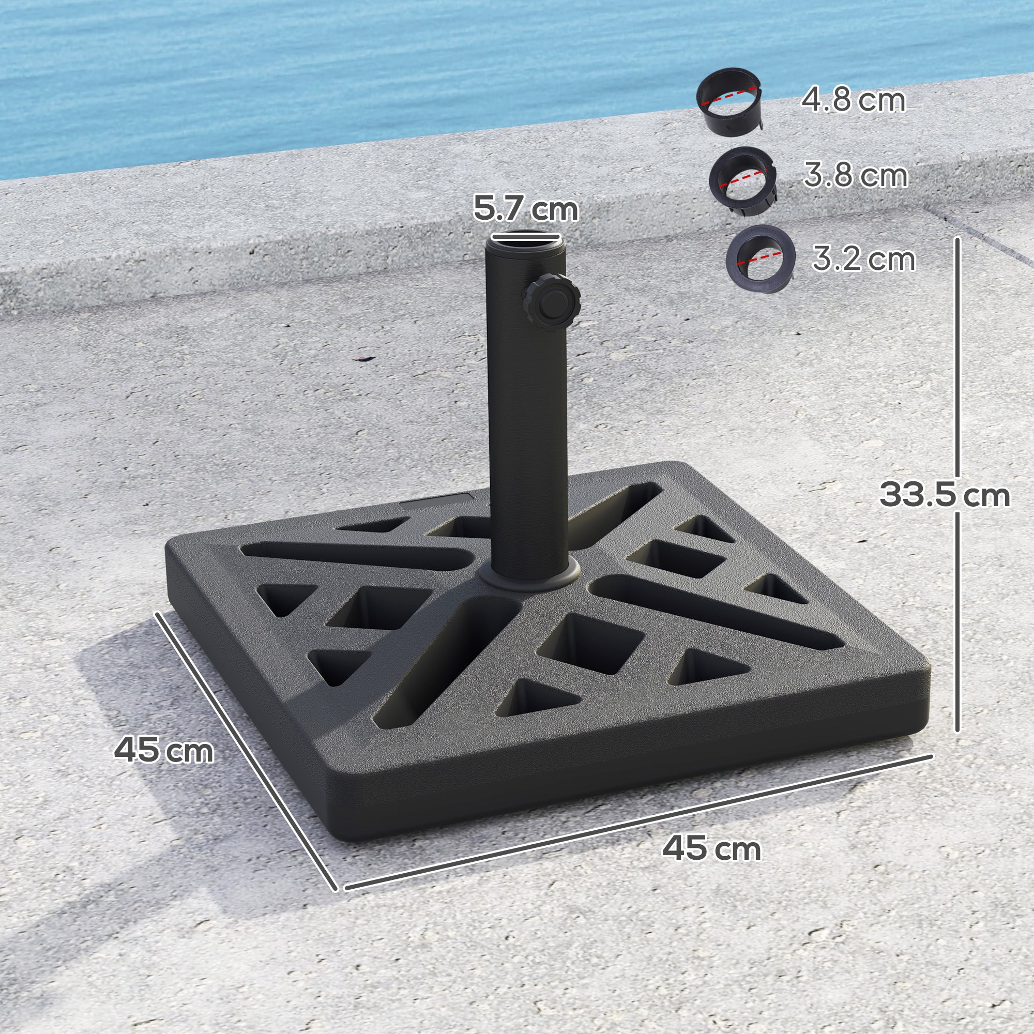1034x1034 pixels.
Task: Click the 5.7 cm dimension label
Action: coord(526,209)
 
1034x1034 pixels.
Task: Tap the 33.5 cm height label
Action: coord(945,495)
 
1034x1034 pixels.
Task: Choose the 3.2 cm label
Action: coord(864,258)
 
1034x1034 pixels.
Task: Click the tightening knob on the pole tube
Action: coord(552,303)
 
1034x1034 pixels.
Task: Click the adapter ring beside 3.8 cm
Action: coord(743,181)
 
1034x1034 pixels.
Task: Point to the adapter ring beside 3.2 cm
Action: coord(759,259)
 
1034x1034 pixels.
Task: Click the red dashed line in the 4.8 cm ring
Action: coord(729,95)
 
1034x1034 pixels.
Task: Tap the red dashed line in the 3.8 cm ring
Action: coord(744,179)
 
